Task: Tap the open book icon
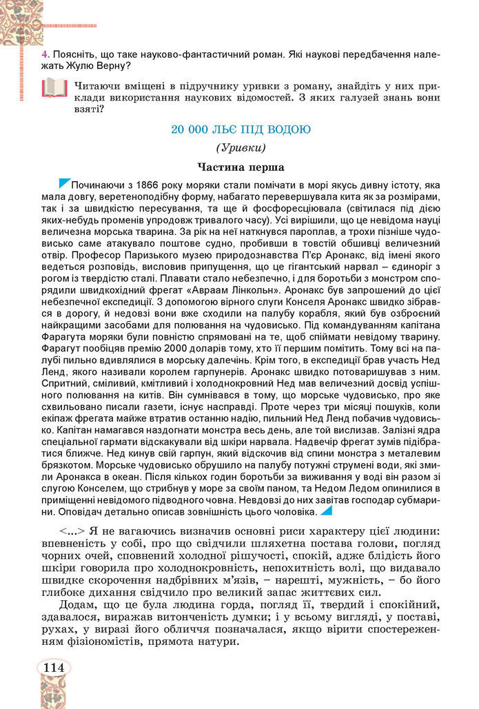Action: [54, 88]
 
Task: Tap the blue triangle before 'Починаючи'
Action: [65, 183]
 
